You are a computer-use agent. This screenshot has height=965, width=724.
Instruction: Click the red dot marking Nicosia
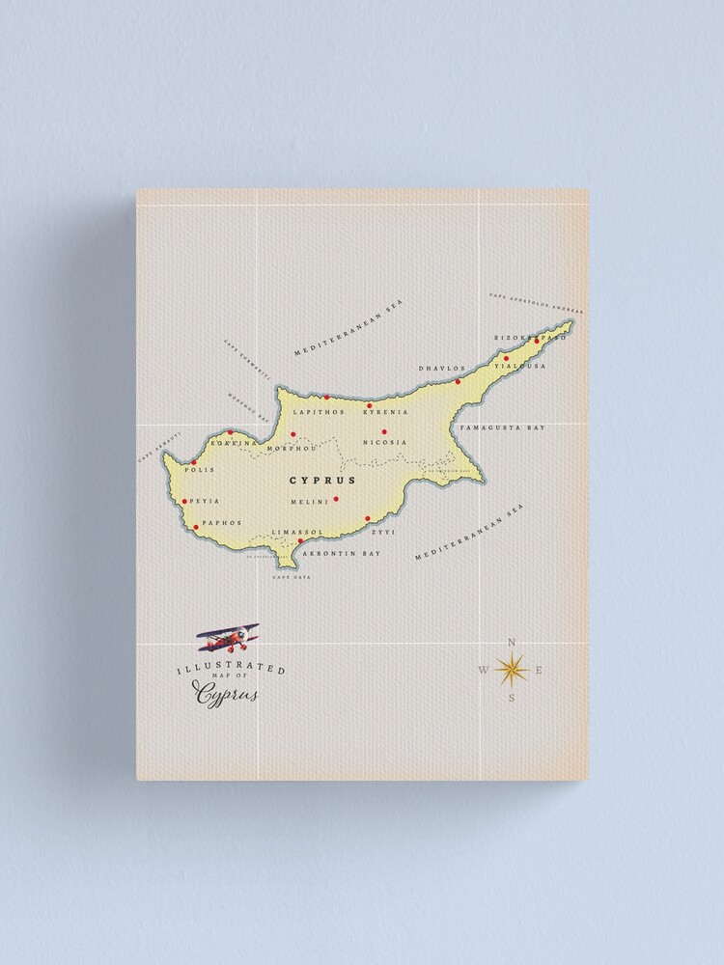coord(384,431)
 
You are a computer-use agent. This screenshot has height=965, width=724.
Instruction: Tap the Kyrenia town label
coord(385,412)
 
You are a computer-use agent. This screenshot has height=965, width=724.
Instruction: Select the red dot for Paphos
coord(196,527)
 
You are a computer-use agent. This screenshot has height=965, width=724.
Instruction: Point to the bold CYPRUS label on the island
coord(322,480)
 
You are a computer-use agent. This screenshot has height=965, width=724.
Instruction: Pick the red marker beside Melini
coord(336,499)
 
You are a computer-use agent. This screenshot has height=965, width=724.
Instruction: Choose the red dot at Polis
coord(194,463)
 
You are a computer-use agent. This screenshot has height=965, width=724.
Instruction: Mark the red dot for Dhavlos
coord(459,381)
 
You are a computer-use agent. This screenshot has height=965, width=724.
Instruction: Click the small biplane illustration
coord(229,637)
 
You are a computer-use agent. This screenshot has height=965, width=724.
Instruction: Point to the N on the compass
coord(512,643)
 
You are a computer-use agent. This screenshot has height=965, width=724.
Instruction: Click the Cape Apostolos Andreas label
coord(535,302)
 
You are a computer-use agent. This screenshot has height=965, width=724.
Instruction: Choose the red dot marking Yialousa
coord(506,358)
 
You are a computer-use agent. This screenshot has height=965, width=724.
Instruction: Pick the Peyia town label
coord(206,501)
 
